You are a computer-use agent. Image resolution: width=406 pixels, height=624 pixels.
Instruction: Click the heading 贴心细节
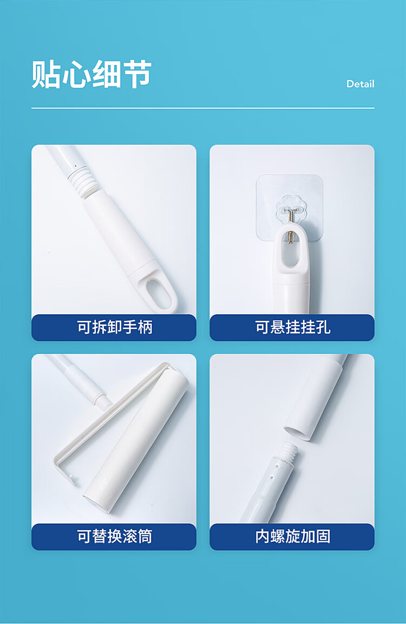(x=91, y=74)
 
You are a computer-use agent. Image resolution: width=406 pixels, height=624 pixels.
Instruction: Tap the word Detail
(x=361, y=84)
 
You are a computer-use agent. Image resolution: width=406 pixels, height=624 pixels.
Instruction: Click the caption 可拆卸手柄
(x=115, y=328)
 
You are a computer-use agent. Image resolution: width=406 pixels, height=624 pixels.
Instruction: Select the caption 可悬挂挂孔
(x=293, y=328)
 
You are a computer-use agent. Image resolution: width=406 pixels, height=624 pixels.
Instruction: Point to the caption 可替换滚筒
(x=115, y=536)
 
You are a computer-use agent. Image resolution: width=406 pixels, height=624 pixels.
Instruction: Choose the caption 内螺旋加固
(x=293, y=536)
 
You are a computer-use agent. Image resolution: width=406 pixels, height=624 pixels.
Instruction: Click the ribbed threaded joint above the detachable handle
(x=82, y=181)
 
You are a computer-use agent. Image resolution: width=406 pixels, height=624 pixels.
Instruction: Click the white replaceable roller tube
(x=136, y=442)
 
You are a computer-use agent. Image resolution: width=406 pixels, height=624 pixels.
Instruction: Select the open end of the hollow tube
(x=297, y=433)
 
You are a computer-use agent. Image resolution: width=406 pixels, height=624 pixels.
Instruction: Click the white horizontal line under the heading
(x=203, y=108)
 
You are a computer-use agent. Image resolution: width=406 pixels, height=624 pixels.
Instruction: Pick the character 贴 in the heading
(x=45, y=74)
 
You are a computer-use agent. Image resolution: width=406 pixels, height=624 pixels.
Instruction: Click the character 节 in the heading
(x=137, y=74)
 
